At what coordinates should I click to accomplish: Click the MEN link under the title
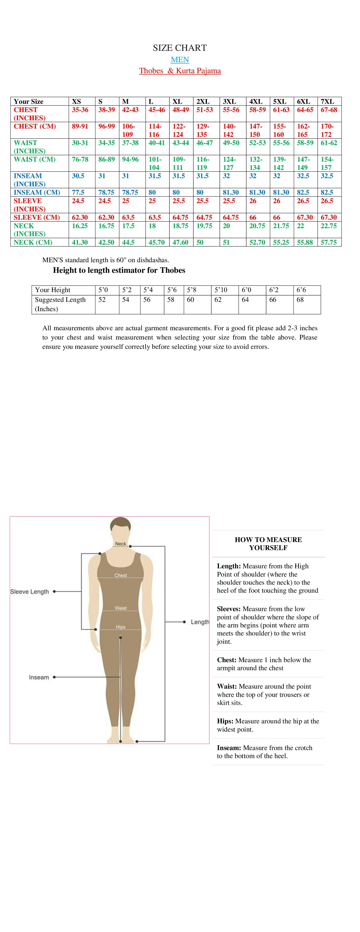180,60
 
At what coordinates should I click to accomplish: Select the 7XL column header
327,102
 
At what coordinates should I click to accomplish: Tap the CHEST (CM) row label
35,126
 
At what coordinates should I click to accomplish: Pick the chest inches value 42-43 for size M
130,110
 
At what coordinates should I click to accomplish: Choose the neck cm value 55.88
305,242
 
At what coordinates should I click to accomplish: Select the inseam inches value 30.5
78,176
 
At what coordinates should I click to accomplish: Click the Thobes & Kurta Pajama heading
180,71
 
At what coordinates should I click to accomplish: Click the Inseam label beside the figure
39,677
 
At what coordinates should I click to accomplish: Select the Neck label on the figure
120,544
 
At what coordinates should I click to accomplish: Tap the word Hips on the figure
120,627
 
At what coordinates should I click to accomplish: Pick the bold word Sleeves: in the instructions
229,609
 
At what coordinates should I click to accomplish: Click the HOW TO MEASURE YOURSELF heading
268,544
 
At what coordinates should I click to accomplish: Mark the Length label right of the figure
200,622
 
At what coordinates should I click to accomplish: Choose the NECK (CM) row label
33,242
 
